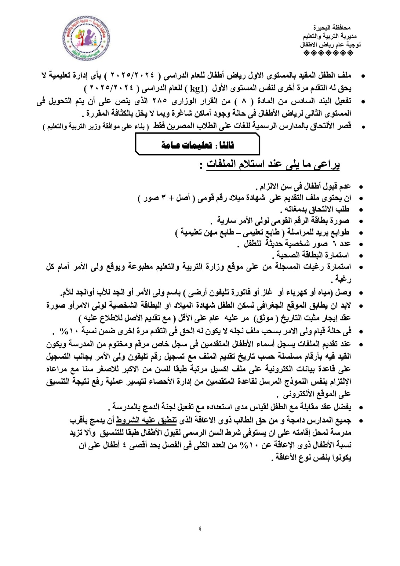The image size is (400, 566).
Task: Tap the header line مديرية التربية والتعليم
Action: pyautogui.click(x=330, y=36)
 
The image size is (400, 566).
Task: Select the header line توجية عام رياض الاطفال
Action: pyautogui.click(x=330, y=45)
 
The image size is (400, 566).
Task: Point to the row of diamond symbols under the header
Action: pyautogui.click(x=329, y=53)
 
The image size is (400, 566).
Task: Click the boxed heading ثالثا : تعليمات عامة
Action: pyautogui.click(x=197, y=145)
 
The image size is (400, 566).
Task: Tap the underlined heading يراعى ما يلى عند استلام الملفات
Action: pyautogui.click(x=273, y=164)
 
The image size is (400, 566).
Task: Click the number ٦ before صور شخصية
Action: pyautogui.click(x=334, y=244)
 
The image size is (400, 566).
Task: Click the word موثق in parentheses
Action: pyautogui.click(x=265, y=318)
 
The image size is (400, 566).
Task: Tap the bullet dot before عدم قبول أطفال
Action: pyautogui.click(x=361, y=187)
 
